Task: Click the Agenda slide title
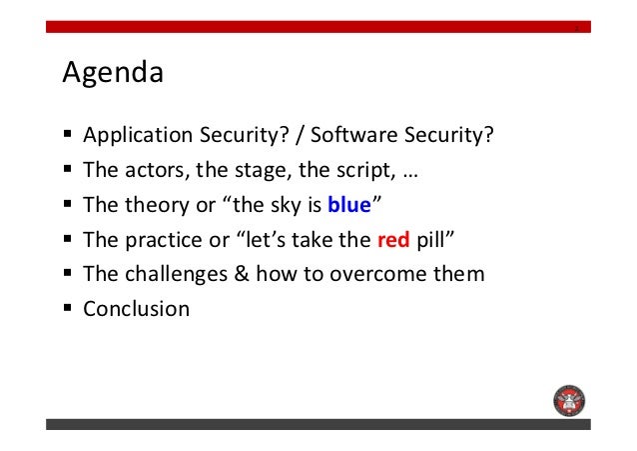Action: click(x=113, y=73)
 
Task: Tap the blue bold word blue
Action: click(x=349, y=204)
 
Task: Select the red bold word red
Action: click(x=393, y=240)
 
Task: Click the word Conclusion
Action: click(x=137, y=309)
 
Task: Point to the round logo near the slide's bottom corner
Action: click(x=569, y=401)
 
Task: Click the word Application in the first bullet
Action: click(x=138, y=135)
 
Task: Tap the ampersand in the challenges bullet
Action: click(x=242, y=273)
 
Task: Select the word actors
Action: click(x=157, y=170)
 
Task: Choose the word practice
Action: click(x=164, y=240)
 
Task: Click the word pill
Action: click(x=430, y=240)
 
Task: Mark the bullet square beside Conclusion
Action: click(x=68, y=307)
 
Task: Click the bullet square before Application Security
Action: click(x=68, y=134)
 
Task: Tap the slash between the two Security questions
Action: click(x=300, y=135)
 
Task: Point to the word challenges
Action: click(x=176, y=274)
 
